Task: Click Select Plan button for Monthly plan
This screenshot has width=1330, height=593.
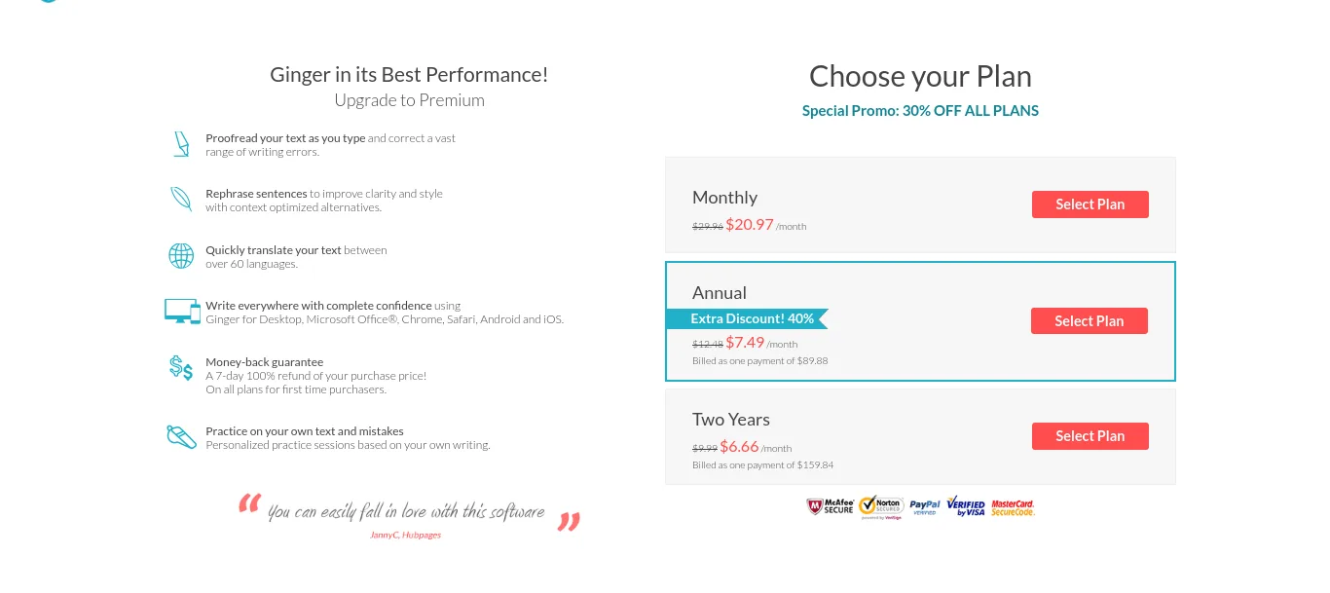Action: pos(1090,204)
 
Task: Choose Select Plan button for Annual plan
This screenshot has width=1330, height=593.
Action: pos(1089,320)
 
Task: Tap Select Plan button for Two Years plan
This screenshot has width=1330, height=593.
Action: pos(1090,435)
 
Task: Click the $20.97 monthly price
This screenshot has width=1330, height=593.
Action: pos(750,224)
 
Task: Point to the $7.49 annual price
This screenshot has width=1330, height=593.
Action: pos(745,343)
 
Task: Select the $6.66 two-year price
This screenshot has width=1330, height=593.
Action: pos(739,446)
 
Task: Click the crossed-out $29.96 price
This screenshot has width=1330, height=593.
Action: pos(708,226)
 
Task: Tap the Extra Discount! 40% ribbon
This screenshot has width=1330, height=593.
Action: pos(747,318)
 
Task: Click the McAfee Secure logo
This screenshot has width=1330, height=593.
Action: pos(831,506)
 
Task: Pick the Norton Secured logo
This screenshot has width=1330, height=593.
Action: pos(881,507)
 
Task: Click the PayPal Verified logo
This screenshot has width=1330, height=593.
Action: pos(924,507)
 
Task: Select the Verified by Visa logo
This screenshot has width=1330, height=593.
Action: pos(966,506)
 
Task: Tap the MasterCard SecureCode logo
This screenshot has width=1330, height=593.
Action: pos(1013,507)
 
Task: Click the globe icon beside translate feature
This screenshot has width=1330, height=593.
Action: pos(181,256)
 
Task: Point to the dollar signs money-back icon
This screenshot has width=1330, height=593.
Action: pos(180,368)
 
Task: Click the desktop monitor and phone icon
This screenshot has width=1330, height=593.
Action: pos(182,311)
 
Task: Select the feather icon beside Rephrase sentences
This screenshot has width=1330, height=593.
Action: pos(181,199)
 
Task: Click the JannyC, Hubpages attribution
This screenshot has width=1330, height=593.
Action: pos(406,535)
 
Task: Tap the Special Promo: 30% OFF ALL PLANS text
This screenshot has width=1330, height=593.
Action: pos(920,111)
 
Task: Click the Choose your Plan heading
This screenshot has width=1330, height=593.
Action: pos(920,77)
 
